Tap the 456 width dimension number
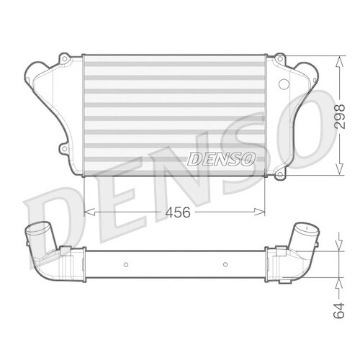coord(174,212)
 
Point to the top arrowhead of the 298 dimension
coord(340,58)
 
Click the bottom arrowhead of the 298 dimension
coord(340,172)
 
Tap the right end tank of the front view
coord(292,108)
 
